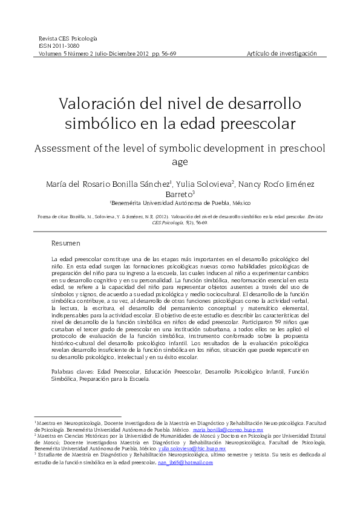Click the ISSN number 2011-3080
click(64, 45)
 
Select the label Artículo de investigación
click(282, 53)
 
